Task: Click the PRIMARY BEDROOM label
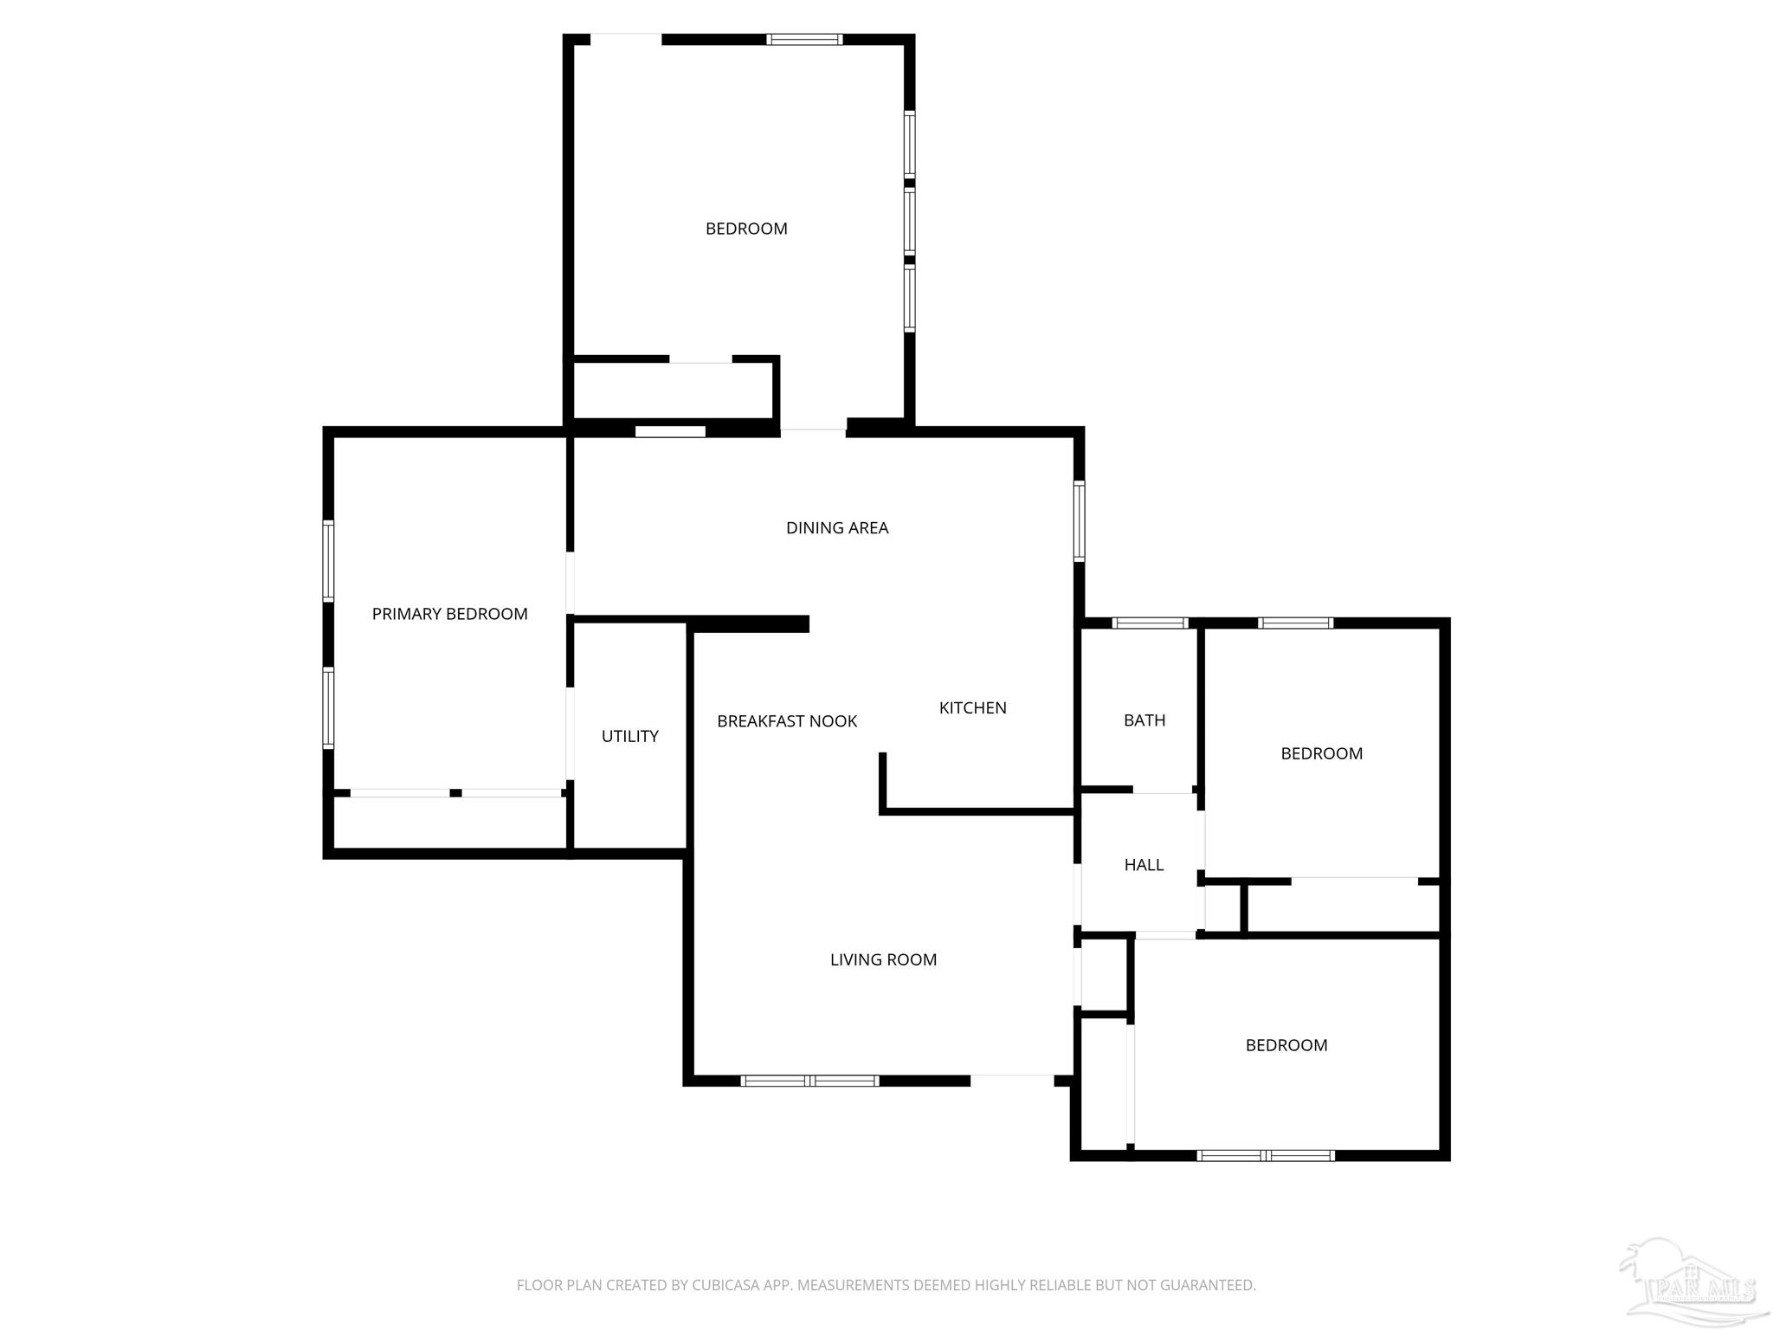[x=449, y=614]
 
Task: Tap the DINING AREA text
[x=837, y=528]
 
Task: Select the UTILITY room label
[x=630, y=736]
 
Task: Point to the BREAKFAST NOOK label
[x=787, y=721]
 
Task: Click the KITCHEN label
[x=972, y=708]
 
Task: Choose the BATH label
[x=1144, y=720]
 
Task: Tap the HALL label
[x=1144, y=865]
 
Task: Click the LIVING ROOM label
[x=883, y=959]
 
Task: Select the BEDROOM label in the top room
[x=746, y=229]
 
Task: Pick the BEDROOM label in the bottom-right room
[x=1286, y=1045]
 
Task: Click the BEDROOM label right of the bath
[x=1321, y=753]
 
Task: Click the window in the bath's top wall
[x=1150, y=623]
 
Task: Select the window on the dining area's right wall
[x=1080, y=521]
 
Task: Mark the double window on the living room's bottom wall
[x=810, y=1081]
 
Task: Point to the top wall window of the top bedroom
[x=804, y=39]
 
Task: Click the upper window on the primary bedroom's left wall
[x=328, y=560]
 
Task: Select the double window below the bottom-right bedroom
[x=1266, y=1155]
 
